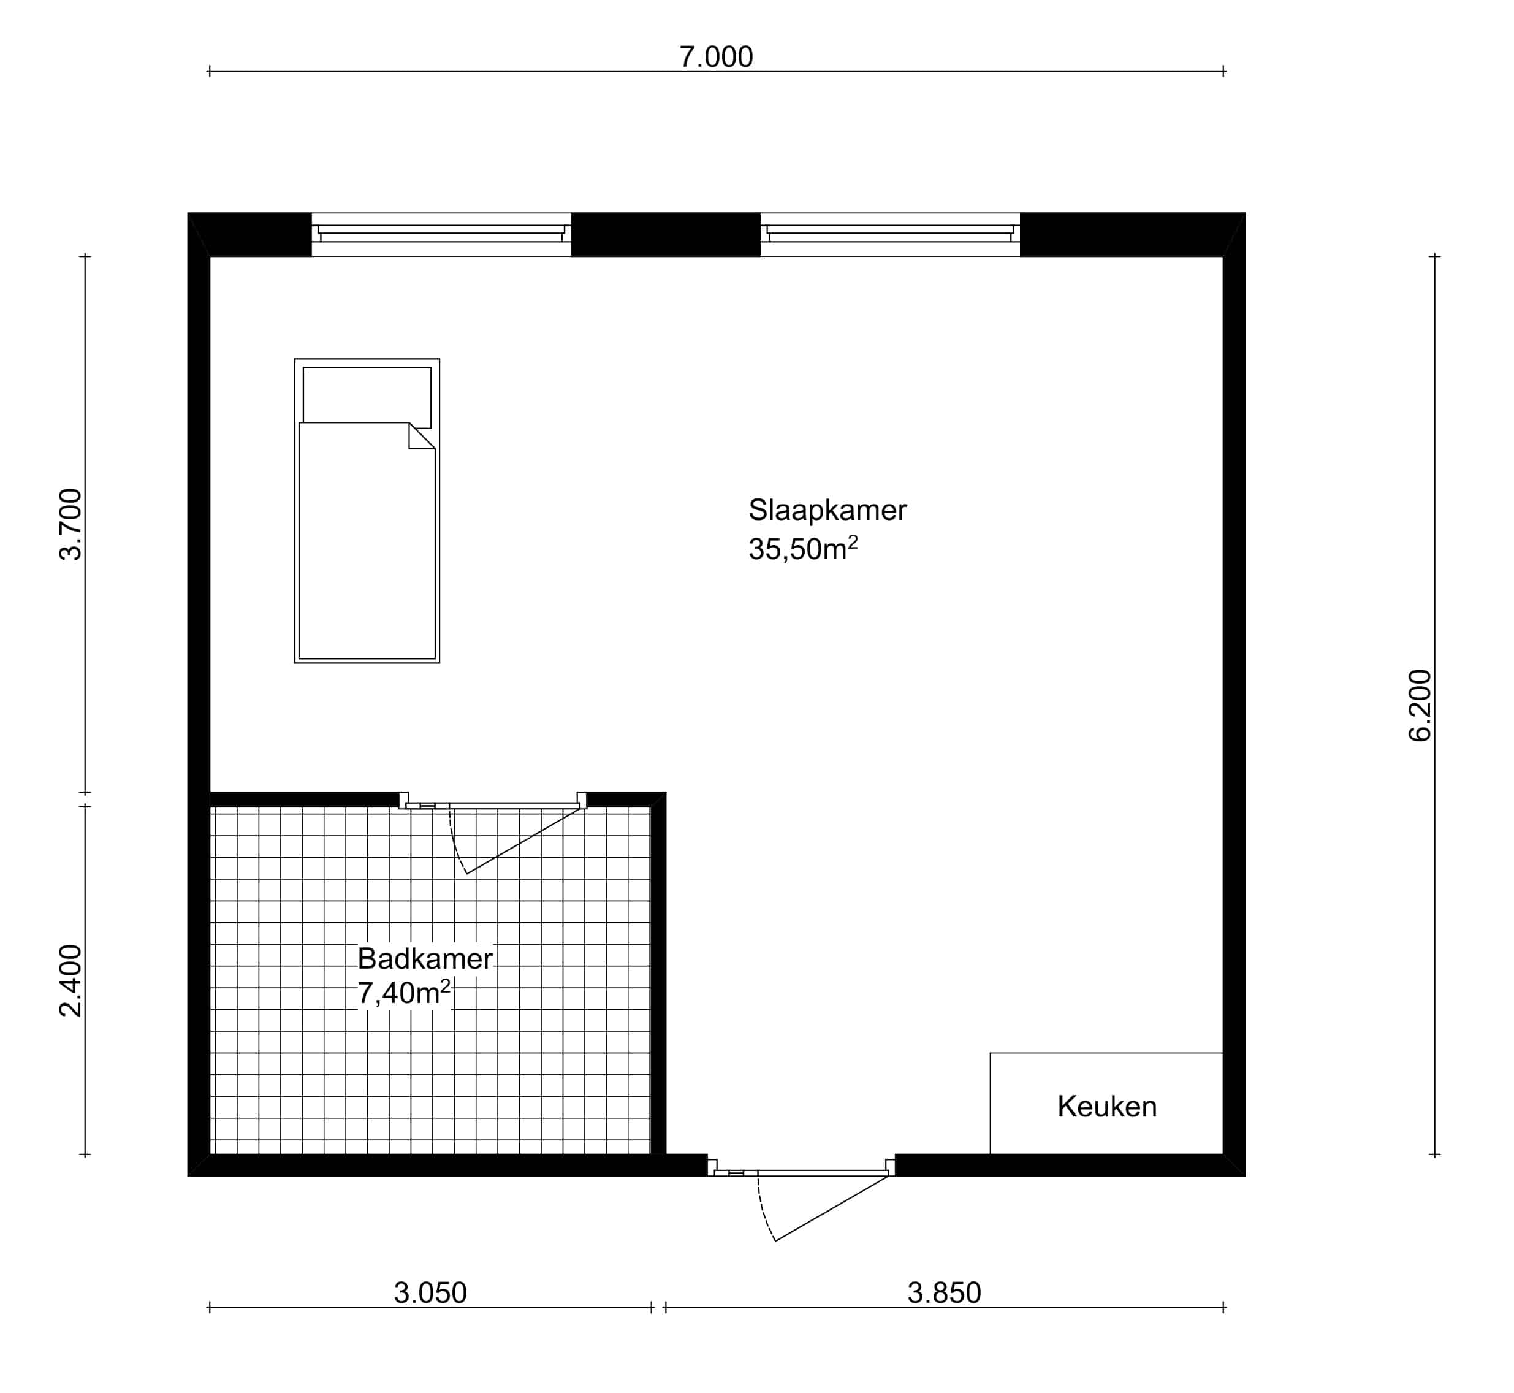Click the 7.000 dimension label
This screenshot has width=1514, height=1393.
point(716,57)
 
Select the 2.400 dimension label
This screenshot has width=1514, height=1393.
point(71,980)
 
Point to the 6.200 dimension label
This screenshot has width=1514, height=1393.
point(1420,706)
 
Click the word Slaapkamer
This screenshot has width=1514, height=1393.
point(827,510)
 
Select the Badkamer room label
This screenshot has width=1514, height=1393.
point(425,959)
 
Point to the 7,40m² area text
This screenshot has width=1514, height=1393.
point(404,993)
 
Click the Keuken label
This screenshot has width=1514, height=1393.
point(1107,1107)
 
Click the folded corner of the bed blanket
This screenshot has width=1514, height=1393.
point(420,437)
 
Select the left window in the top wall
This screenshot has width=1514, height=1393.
point(441,234)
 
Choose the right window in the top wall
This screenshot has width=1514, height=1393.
point(890,234)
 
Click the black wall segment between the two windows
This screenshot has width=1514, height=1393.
point(666,234)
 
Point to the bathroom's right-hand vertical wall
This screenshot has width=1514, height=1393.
point(658,972)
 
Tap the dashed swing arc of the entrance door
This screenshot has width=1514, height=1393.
point(763,1210)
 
